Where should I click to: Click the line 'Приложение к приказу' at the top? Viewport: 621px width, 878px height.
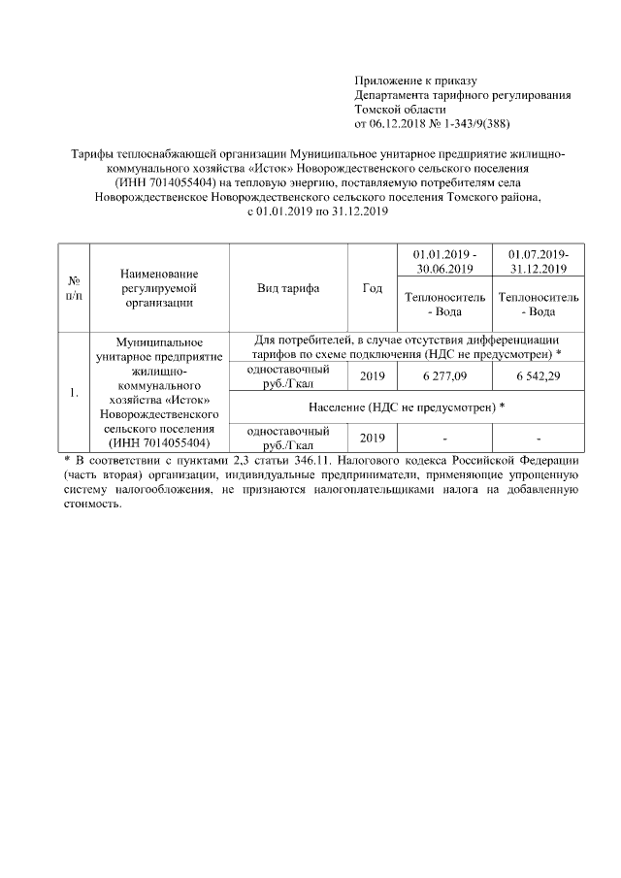pos(415,80)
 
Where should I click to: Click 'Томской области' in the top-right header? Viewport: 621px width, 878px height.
pos(398,109)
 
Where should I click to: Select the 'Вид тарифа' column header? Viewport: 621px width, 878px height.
pos(288,288)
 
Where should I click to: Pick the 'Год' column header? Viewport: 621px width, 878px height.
pos(372,288)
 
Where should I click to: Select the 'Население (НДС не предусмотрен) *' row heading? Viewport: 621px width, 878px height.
pos(406,406)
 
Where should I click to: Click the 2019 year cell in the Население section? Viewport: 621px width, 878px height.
pos(372,437)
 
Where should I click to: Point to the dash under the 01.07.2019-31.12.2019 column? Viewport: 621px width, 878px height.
pos(537,437)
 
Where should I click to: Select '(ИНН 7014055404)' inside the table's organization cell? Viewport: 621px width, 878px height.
pos(160,442)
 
